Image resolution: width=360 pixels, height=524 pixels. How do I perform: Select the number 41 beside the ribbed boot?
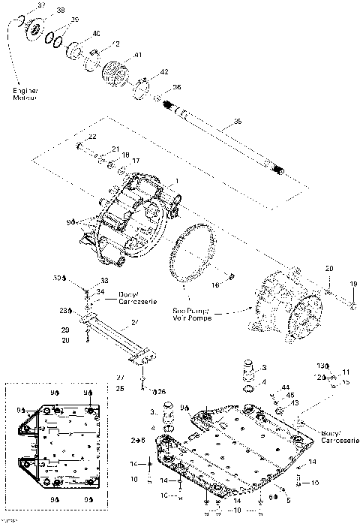[137, 55]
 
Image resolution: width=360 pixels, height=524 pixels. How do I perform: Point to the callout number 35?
[238, 121]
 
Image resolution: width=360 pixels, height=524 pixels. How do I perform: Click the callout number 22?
[92, 136]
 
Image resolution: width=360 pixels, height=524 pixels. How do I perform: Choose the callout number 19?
[353, 283]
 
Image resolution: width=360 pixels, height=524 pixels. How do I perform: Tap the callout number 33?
[103, 281]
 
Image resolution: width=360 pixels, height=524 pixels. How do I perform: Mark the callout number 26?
[160, 391]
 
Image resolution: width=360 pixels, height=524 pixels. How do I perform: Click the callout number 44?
[286, 387]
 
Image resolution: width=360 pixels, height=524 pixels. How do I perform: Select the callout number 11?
[346, 372]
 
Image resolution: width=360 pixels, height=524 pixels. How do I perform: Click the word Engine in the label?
[22, 91]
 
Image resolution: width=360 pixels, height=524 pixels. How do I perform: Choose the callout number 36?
[177, 88]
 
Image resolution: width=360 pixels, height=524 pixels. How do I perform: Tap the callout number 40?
[96, 35]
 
